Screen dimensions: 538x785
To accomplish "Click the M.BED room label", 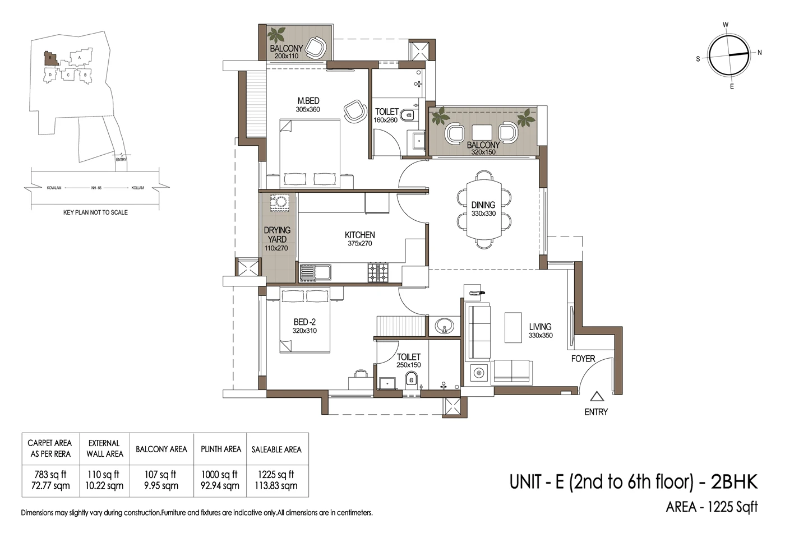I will [x=308, y=105].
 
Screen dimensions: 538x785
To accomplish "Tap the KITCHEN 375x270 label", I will [x=359, y=239].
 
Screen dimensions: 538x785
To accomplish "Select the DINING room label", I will [x=483, y=208].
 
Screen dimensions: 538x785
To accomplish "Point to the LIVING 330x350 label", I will [x=540, y=331].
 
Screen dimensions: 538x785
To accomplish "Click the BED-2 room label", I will [x=304, y=326].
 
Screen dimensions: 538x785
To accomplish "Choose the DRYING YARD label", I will [x=277, y=238].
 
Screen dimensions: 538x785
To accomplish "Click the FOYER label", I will [x=583, y=359].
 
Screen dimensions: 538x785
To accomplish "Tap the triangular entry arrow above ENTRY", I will [x=597, y=397].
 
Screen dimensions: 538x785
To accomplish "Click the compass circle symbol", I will [x=729, y=55].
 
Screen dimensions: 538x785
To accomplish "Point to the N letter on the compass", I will [x=759, y=53].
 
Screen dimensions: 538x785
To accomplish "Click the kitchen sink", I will [x=315, y=272].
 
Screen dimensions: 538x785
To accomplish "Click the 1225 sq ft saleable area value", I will [x=276, y=480].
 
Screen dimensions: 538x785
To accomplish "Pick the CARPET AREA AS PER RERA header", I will [x=50, y=448].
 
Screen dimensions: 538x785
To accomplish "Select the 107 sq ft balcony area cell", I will [x=161, y=480].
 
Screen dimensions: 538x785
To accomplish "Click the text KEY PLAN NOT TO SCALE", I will [x=95, y=212].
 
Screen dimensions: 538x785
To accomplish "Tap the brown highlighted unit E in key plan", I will [x=49, y=57].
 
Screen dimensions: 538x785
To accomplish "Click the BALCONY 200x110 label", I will [x=286, y=52].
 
